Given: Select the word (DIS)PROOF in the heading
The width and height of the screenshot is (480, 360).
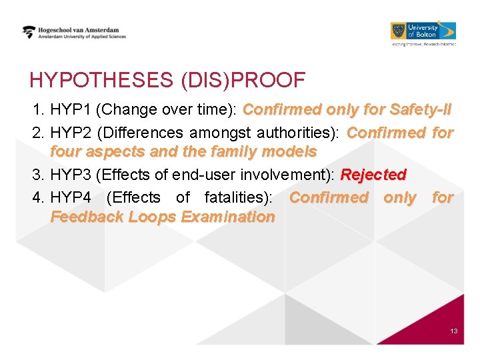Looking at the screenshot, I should tap(243, 81).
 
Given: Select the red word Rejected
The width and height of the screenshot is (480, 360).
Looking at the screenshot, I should tap(373, 175).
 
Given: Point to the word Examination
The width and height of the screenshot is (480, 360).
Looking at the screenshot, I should tap(228, 217).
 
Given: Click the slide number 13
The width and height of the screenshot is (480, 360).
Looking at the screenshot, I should tap(453, 331).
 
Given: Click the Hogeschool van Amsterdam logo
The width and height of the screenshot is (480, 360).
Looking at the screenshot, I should tap(73, 33).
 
